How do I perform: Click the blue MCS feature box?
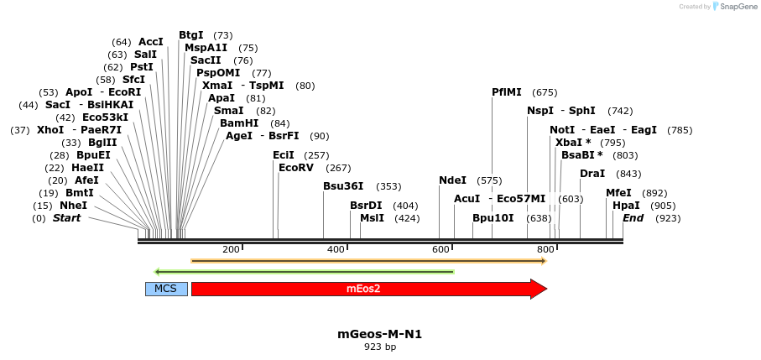click(166, 289)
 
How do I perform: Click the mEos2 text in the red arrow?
click(363, 289)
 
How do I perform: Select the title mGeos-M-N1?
click(379, 334)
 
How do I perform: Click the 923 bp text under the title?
click(379, 347)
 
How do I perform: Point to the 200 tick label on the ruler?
click(231, 250)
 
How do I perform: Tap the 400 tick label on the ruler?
click(336, 250)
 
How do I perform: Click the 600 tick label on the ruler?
click(441, 250)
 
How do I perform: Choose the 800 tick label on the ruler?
click(546, 250)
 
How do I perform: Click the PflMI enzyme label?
click(507, 92)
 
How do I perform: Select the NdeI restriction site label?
click(452, 180)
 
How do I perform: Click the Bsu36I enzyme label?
click(343, 186)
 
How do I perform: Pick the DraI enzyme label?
click(592, 174)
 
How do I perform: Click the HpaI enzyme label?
click(626, 206)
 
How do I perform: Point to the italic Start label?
click(67, 218)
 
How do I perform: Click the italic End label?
click(633, 218)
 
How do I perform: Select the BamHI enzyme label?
click(239, 123)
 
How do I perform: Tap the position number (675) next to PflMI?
click(545, 92)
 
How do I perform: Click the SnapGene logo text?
click(736, 7)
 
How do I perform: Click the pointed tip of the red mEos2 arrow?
click(546, 289)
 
